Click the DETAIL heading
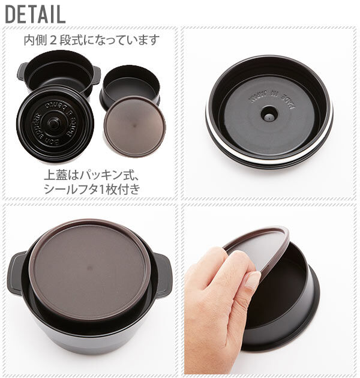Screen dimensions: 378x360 click(x=35, y=13)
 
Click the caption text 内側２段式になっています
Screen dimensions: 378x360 click(x=91, y=41)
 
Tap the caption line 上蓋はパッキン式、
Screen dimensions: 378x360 click(x=91, y=176)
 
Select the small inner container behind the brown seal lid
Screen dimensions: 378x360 click(x=128, y=83)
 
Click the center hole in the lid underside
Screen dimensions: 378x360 click(x=269, y=112)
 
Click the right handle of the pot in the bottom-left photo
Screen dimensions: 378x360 click(x=163, y=273)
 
